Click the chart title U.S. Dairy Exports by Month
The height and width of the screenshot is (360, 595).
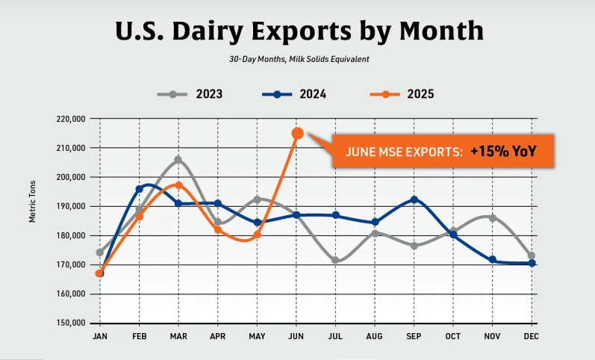299,31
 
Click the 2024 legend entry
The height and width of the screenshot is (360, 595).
294,94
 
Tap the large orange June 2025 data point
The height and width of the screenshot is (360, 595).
297,134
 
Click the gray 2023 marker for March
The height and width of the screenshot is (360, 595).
178,160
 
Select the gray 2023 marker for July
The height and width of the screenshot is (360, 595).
336,261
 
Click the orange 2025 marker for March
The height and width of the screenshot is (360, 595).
178,185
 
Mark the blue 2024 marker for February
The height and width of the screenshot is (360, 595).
139,189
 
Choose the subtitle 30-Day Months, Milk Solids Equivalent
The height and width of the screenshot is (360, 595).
299,58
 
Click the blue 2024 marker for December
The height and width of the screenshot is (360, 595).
532,263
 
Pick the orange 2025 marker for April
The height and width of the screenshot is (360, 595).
218,229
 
